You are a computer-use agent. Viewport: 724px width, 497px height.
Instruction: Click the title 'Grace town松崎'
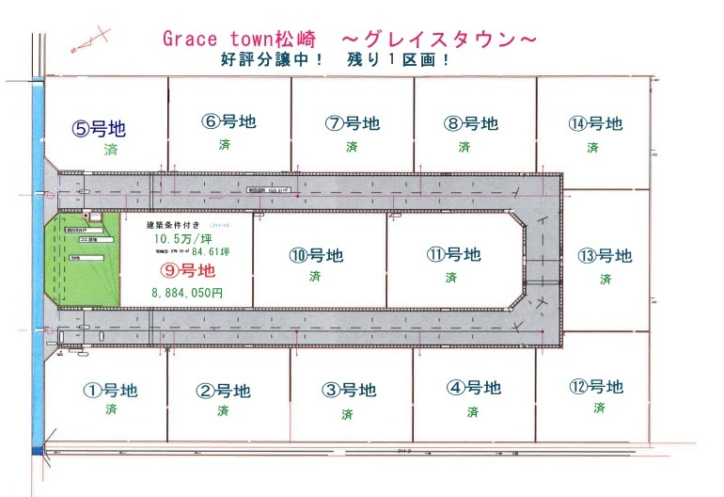coord(241,39)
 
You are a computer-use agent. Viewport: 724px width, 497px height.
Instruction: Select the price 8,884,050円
coord(187,293)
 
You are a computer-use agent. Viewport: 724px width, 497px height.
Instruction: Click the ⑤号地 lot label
coord(99,128)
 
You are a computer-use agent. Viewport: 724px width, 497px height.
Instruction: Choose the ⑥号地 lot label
coord(228,121)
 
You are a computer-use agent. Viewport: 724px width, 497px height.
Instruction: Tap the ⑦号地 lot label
coord(353,123)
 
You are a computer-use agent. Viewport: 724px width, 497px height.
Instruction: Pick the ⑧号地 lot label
coord(472,123)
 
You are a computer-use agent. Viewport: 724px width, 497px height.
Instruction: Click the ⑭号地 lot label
coord(595,123)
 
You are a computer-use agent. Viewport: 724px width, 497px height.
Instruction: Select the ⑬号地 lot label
coord(605,256)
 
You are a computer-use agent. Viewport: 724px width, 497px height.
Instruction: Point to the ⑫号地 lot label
coord(596,387)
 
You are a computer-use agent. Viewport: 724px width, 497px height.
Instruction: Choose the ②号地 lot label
coord(223,391)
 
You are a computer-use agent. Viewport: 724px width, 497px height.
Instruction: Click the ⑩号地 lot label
coord(315,255)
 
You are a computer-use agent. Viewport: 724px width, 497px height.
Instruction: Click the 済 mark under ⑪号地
coord(451,278)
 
